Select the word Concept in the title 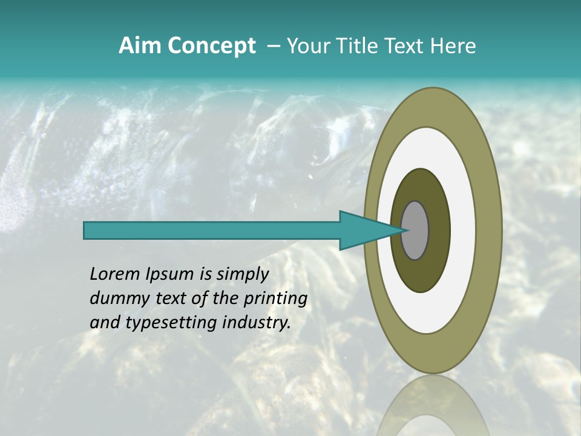[211, 46]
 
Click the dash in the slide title [274, 46]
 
